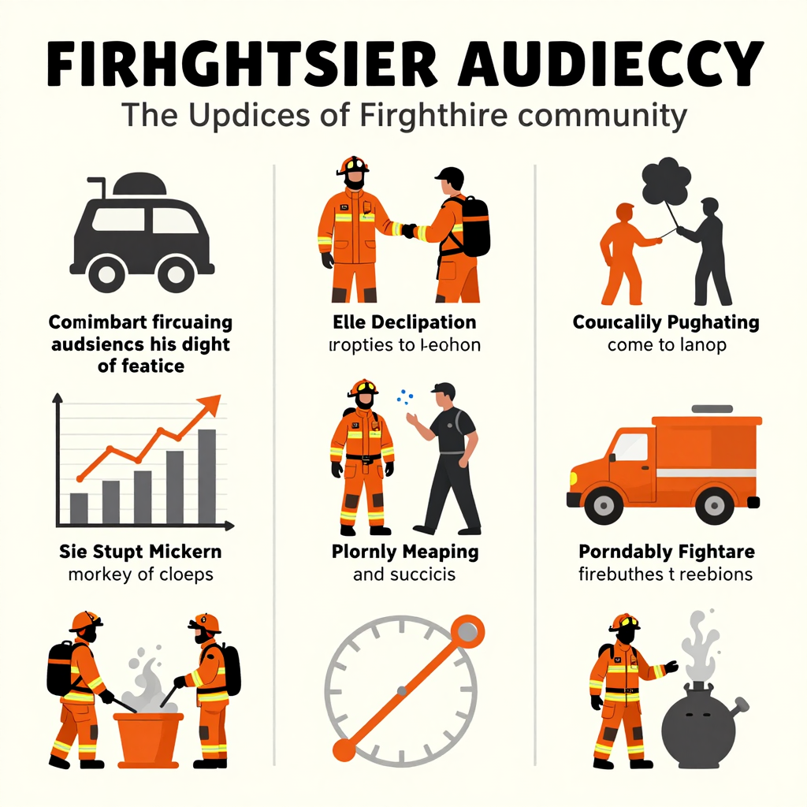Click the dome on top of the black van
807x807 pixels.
[x=139, y=184]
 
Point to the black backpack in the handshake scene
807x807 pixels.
[x=475, y=226]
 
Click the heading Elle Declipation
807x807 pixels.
[x=403, y=322]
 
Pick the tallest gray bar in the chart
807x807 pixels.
[x=206, y=476]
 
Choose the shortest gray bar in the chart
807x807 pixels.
[x=79, y=508]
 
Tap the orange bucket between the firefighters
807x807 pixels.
[x=148, y=736]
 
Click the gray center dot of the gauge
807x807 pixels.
[x=402, y=691]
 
